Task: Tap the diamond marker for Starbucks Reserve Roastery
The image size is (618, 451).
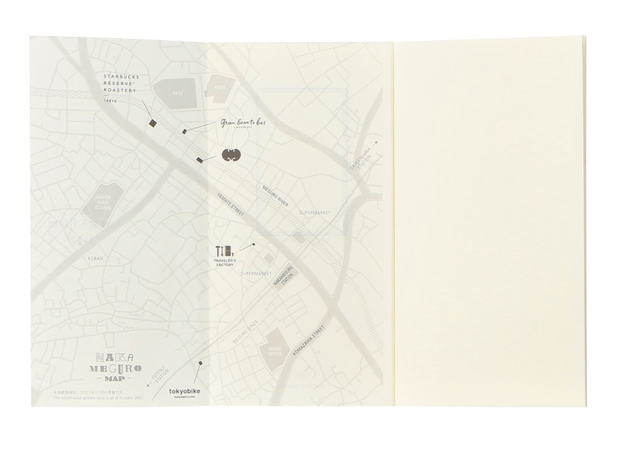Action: [153, 123]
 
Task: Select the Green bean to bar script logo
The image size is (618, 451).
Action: [243, 123]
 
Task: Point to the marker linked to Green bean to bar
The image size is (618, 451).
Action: [185, 131]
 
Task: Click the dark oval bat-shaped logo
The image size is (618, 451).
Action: [231, 155]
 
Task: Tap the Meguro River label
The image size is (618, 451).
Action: [275, 196]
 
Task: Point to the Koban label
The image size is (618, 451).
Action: [96, 258]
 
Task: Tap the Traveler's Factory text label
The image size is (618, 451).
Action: [225, 262]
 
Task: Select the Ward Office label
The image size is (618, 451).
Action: [275, 350]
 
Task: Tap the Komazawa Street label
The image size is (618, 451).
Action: [309, 341]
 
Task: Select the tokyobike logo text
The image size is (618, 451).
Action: [185, 390]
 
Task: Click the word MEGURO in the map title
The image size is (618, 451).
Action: [115, 368]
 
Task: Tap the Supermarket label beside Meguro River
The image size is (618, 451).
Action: [315, 212]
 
